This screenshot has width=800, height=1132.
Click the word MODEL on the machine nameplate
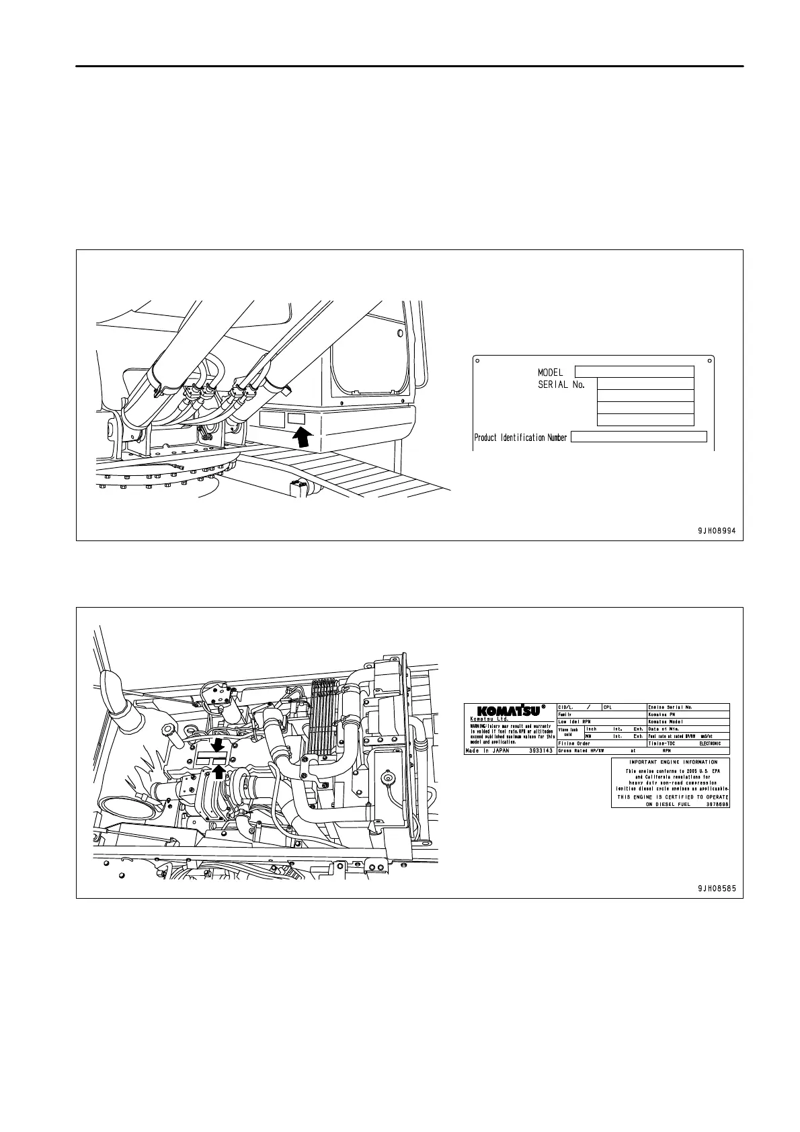tap(550, 372)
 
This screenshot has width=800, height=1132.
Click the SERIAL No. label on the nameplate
tap(561, 385)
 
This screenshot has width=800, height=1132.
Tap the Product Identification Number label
tap(520, 438)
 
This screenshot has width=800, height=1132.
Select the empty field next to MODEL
tap(634, 372)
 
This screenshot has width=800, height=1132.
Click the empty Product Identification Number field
tap(639, 437)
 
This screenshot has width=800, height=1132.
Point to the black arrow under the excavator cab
tap(304, 438)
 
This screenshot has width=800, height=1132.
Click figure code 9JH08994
tap(716, 530)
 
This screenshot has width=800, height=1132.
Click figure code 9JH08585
tap(716, 888)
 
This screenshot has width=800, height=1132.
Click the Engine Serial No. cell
tap(671, 707)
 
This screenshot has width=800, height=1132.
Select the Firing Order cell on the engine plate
tap(575, 743)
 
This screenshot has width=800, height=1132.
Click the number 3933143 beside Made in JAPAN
tap(541, 751)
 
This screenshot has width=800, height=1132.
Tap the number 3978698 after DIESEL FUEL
tap(717, 804)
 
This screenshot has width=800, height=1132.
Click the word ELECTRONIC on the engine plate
tap(709, 743)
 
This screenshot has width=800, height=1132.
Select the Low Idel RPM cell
tap(575, 721)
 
